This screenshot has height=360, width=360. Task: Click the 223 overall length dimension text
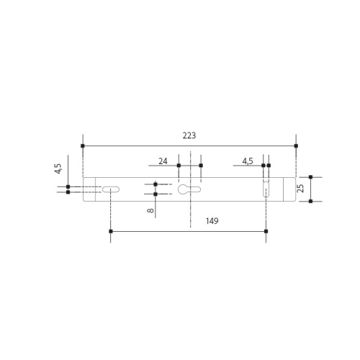pos(189,135)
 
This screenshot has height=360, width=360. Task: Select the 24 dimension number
pos(163,161)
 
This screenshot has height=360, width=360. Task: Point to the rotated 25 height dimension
pos(300,189)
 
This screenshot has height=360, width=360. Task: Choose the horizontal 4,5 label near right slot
pos(248,161)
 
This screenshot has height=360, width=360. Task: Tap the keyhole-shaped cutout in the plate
pos(189,189)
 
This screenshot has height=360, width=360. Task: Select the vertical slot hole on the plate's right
pos(266,189)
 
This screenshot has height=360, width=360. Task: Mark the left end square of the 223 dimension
pos(83,145)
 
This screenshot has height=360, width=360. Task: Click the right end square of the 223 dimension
pos(296,145)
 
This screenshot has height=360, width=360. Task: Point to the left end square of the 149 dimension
pos(110,231)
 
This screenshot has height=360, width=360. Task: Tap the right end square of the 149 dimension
pos(266,231)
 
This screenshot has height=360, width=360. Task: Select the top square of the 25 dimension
pos(310,176)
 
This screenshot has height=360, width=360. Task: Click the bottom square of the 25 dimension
pos(310,202)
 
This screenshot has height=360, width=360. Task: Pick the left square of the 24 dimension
pos(179,166)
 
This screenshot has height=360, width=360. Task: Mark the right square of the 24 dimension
pos(201,166)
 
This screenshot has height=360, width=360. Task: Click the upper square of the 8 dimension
pos(156,184)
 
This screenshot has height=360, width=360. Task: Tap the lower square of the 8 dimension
pos(156,194)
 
